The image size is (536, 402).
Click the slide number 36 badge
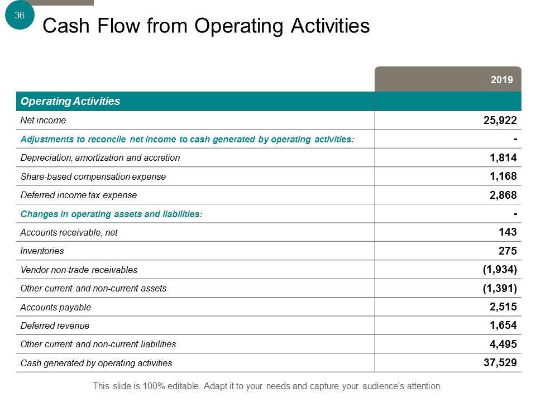pyautogui.click(x=20, y=16)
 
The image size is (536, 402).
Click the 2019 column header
pyautogui.click(x=502, y=80)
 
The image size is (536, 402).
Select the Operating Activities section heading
pyautogui.click(x=70, y=102)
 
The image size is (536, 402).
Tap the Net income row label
pyautogui.click(x=43, y=121)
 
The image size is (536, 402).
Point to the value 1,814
pyautogui.click(x=503, y=158)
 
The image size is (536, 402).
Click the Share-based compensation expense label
pyautogui.click(x=93, y=176)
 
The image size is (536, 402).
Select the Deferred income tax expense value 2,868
pyautogui.click(x=503, y=195)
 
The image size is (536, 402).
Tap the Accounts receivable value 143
pyautogui.click(x=508, y=232)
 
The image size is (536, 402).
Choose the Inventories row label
pyautogui.click(x=42, y=251)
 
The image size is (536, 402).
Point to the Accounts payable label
pyautogui.click(x=55, y=307)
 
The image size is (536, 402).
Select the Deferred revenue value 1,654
pyautogui.click(x=503, y=326)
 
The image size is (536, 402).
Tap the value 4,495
pyautogui.click(x=503, y=344)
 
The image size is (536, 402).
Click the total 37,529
pyautogui.click(x=500, y=363)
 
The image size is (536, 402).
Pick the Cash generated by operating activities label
pyautogui.click(x=96, y=363)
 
